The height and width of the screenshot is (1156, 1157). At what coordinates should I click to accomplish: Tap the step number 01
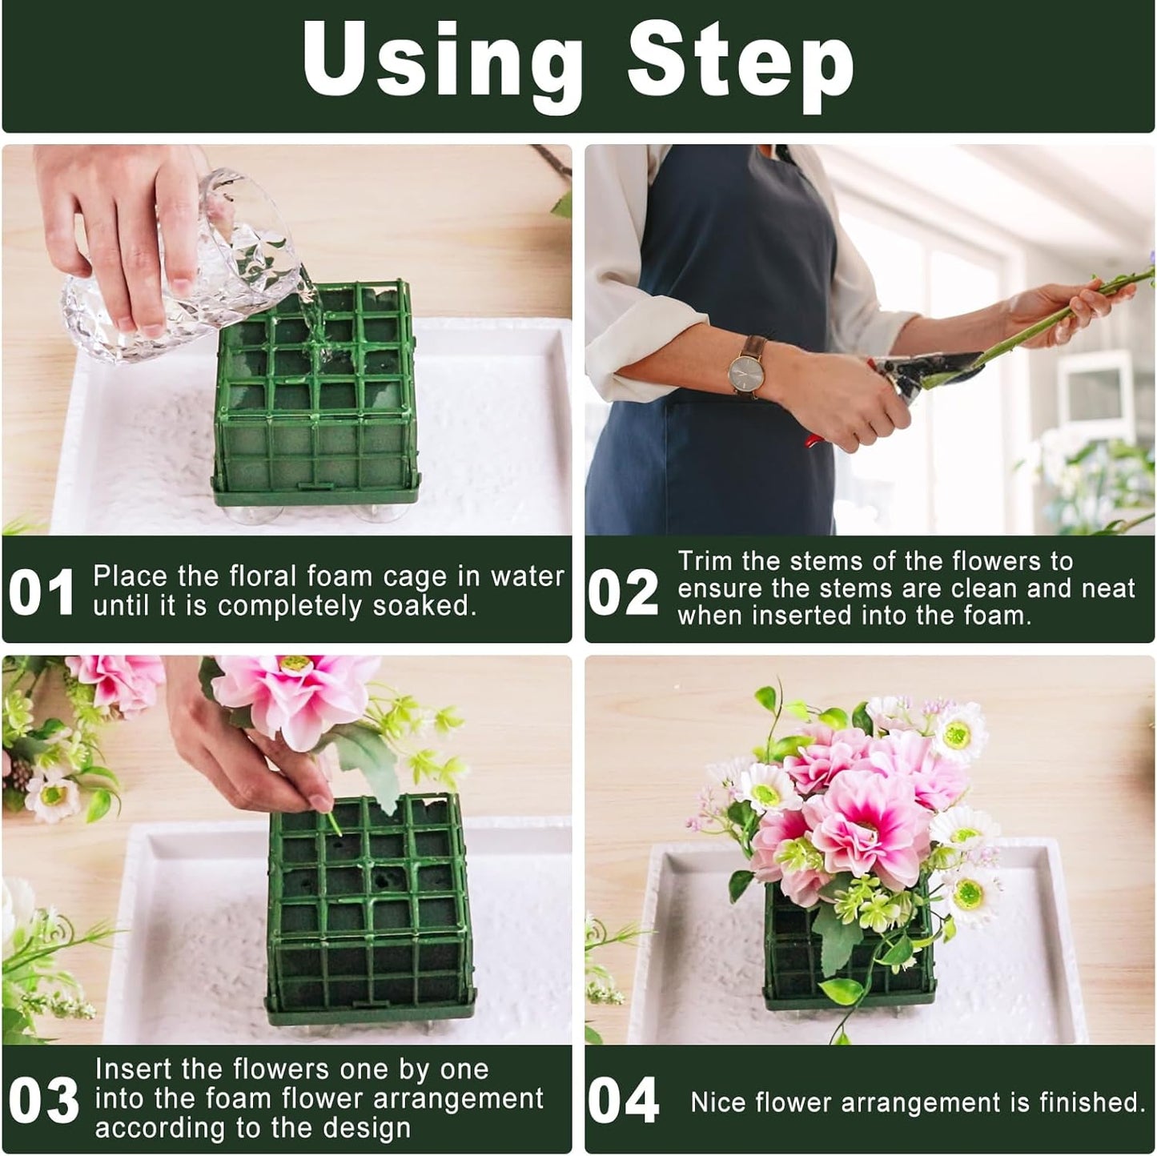[x=42, y=593]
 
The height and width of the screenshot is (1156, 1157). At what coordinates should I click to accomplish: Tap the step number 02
[x=623, y=593]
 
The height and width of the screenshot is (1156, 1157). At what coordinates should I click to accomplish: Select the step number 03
[x=44, y=1101]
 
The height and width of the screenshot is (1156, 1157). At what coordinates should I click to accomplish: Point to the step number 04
[x=623, y=1101]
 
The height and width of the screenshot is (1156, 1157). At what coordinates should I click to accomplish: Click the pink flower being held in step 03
[x=296, y=696]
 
